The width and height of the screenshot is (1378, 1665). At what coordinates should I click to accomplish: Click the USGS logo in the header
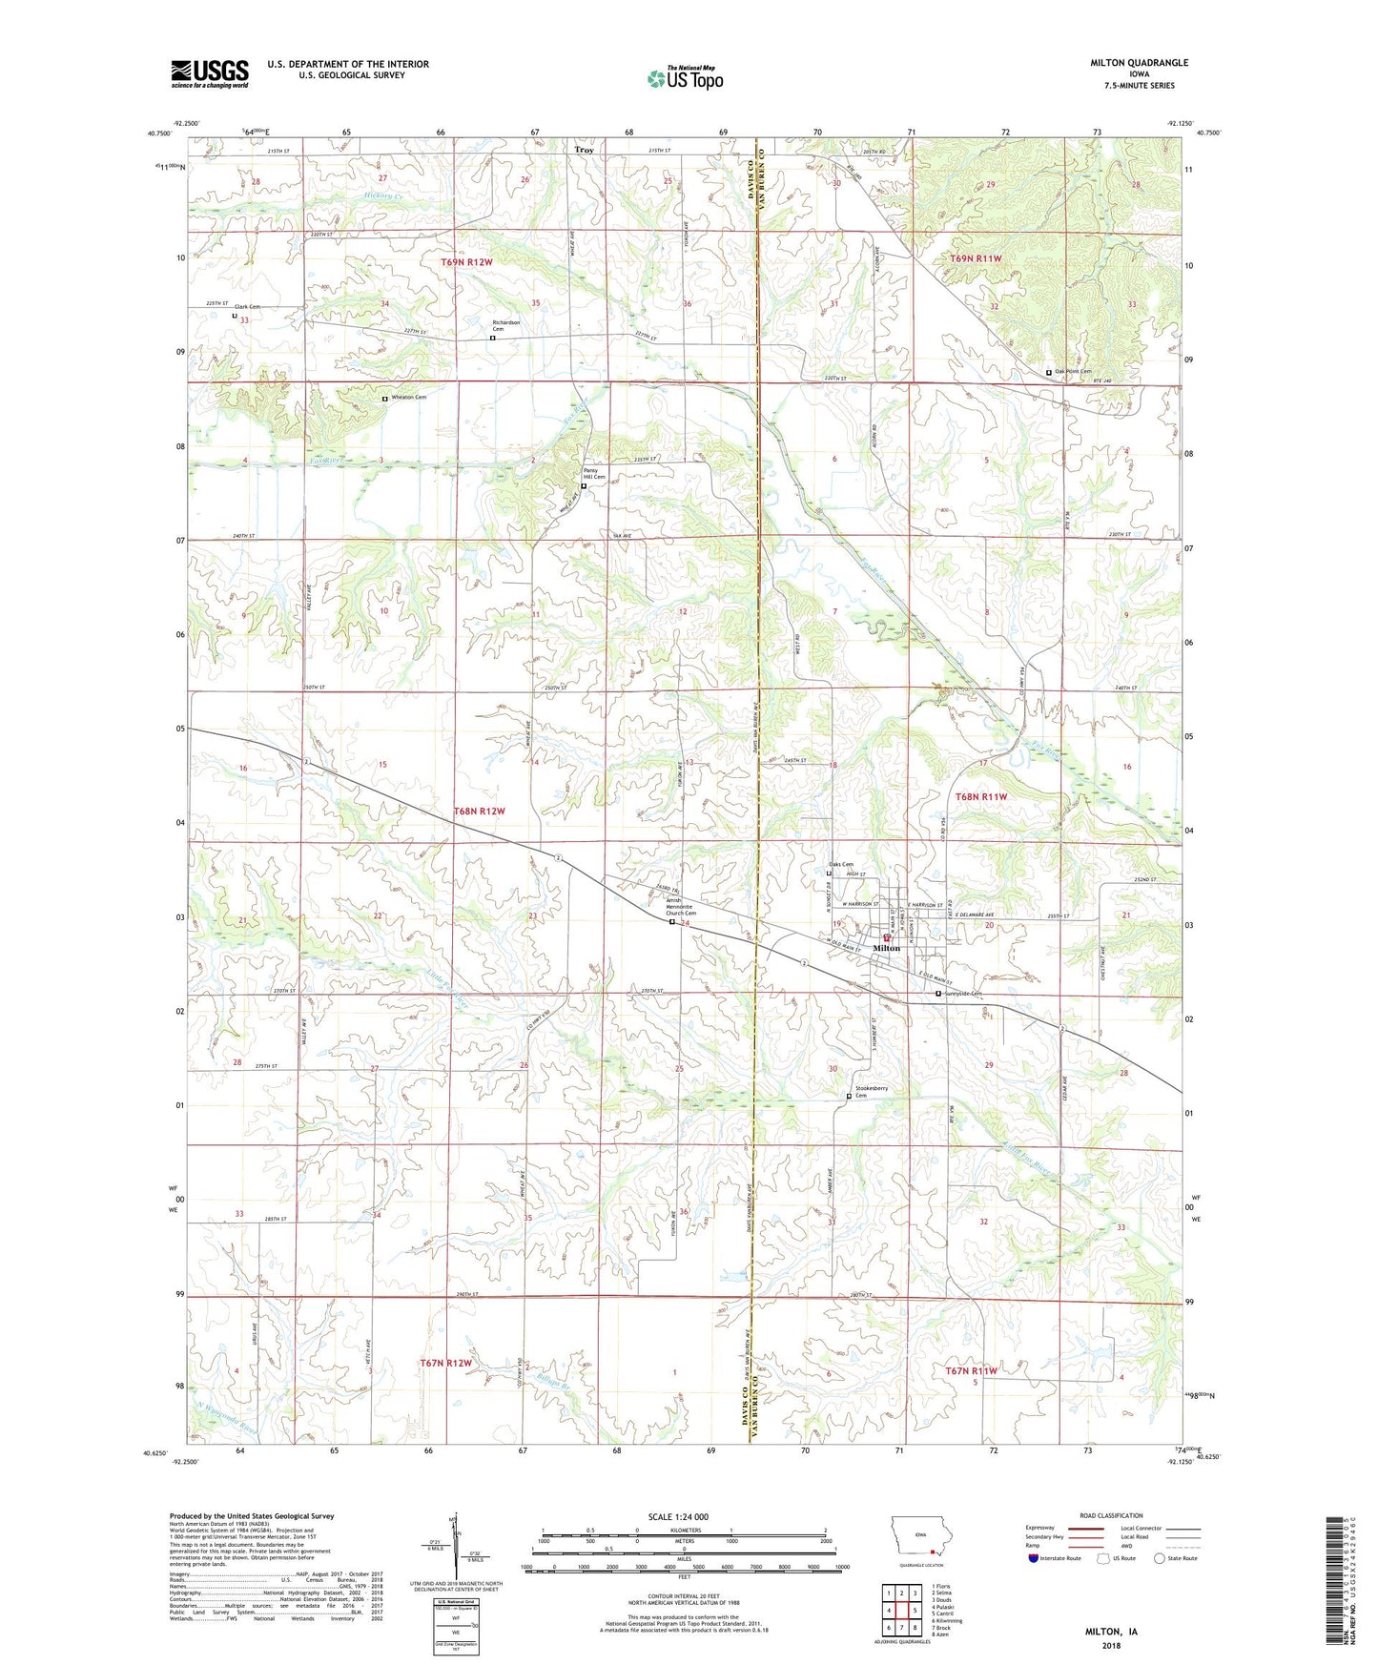point(210,72)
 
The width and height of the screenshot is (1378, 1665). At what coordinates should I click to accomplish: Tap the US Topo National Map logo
point(685,78)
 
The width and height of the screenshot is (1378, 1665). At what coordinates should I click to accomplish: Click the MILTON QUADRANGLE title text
point(1139,63)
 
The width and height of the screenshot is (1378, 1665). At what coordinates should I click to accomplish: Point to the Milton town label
point(886,948)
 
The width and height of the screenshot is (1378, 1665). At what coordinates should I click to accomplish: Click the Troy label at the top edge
point(584,150)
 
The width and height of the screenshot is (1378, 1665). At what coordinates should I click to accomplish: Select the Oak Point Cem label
point(1072,372)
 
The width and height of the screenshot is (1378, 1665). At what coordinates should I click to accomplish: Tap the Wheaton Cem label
point(406,398)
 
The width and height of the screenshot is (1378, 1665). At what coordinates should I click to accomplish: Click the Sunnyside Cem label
point(962,994)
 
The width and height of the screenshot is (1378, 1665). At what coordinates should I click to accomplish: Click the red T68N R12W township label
point(479,811)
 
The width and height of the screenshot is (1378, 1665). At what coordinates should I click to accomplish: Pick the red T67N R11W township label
point(971,1370)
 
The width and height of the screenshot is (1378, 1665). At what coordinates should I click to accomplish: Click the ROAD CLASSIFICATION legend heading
point(1110,1515)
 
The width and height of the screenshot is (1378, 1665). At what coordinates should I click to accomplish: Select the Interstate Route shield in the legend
point(1034,1558)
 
